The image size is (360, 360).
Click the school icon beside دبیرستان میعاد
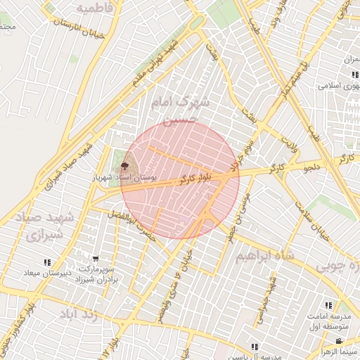tap(47, 263)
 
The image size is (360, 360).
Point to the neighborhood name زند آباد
tap(82, 314)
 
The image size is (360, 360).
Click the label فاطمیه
tap(95, 8)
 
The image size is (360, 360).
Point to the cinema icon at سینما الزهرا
tap(338, 342)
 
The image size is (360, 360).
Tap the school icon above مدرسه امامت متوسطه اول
tap(328, 305)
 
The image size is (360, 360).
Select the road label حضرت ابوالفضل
tap(134, 219)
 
